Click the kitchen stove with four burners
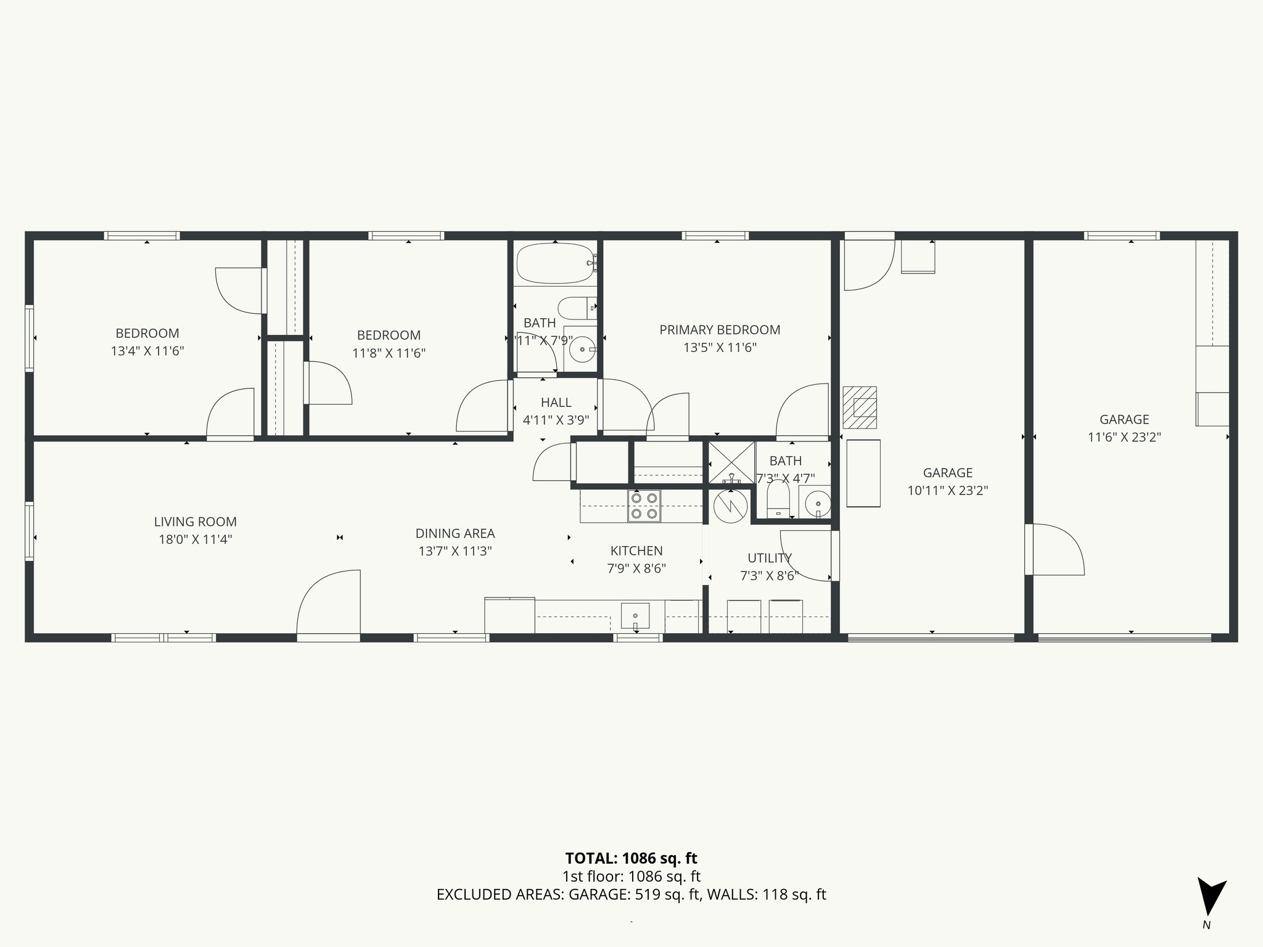pos(644,506)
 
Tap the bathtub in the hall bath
pos(555,264)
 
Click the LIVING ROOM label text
pos(195,522)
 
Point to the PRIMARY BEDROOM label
pos(720,330)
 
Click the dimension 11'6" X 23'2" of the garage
pos(1124,437)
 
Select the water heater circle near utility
pos(730,506)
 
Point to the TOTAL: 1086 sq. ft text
pos(631,858)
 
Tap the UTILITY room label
pos(769,558)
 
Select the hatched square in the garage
pos(860,407)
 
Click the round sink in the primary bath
pos(818,502)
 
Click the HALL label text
pos(556,403)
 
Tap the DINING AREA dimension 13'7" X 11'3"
pos(455,551)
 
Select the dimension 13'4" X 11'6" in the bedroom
pos(147,351)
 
